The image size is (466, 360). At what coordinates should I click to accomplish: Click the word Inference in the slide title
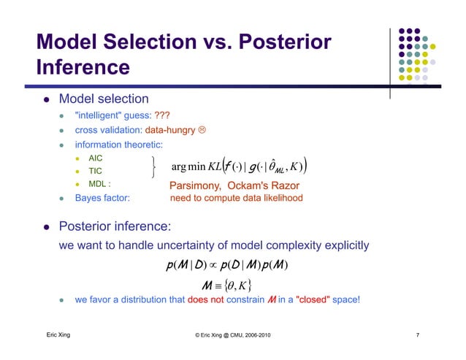[83, 68]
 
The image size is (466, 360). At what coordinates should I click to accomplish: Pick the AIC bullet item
[96, 158]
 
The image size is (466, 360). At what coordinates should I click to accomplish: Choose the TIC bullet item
[95, 171]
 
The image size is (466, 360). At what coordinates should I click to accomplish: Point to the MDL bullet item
[99, 185]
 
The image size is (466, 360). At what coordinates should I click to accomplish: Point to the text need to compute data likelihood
[235, 198]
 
